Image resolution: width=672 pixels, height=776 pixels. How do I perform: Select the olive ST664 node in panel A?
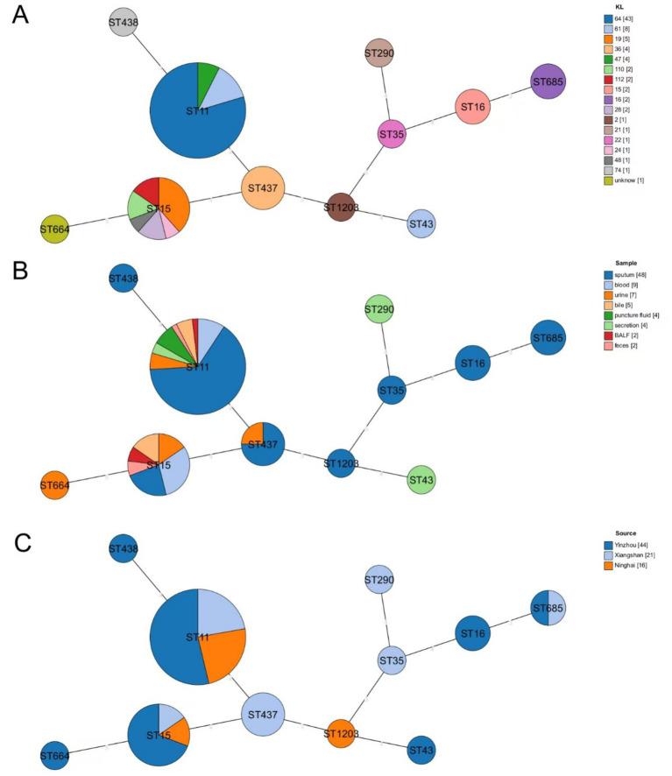pos(54,229)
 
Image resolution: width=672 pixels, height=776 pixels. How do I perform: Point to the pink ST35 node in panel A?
pos(392,134)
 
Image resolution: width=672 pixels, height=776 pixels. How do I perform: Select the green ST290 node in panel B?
pos(378,309)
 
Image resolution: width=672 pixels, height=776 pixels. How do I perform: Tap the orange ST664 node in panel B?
pos(54,484)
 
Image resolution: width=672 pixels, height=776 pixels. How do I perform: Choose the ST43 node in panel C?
pos(421,749)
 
